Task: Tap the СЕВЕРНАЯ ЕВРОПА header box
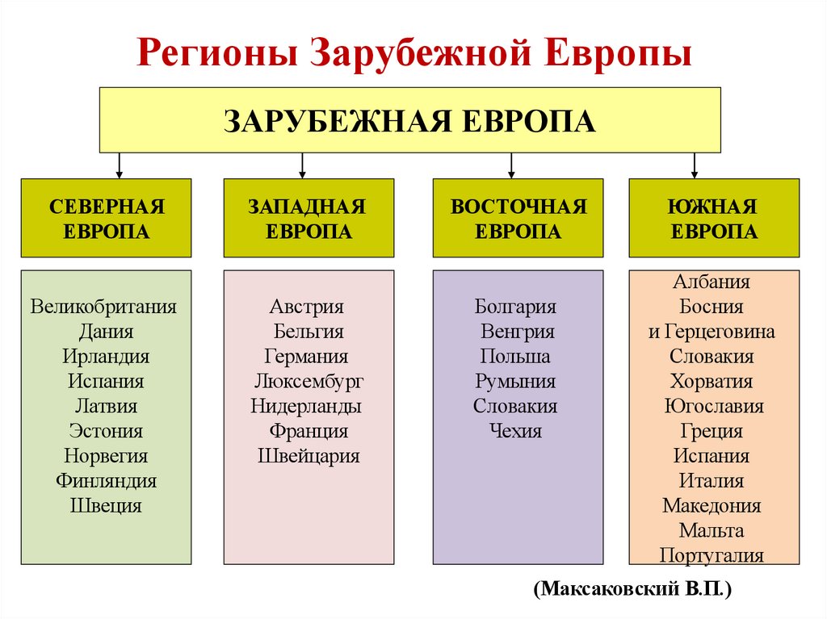tap(106, 219)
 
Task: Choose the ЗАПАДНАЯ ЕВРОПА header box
tap(309, 219)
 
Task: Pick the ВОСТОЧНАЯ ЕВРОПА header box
tap(518, 219)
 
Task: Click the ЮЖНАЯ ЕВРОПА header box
tap(713, 219)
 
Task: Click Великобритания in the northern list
tap(104, 307)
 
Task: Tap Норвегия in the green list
tap(106, 456)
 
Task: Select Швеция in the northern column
tap(106, 506)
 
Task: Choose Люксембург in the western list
tap(308, 381)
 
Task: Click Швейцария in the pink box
tap(309, 456)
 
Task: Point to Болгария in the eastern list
tap(516, 307)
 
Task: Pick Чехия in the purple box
tap(516, 431)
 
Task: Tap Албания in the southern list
tap(711, 282)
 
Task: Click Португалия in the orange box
tap(712, 555)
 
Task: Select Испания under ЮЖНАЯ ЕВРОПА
tap(712, 456)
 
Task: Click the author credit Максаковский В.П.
tap(632, 588)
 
